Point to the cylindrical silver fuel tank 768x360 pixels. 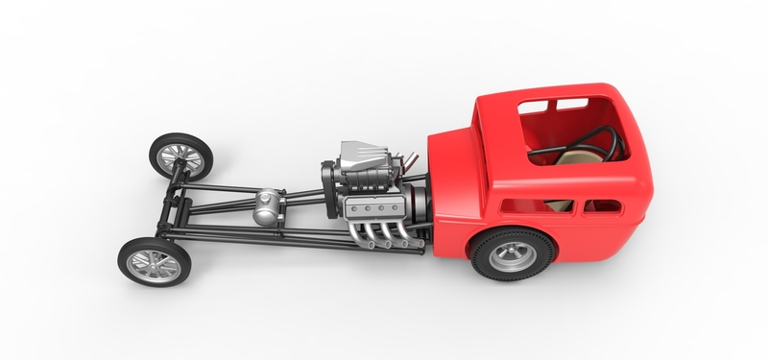(x=268, y=206)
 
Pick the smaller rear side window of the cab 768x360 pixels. (x=603, y=205)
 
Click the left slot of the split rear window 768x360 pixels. (x=540, y=106)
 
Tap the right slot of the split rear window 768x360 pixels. (x=572, y=102)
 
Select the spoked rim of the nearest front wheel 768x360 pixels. (x=154, y=261)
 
